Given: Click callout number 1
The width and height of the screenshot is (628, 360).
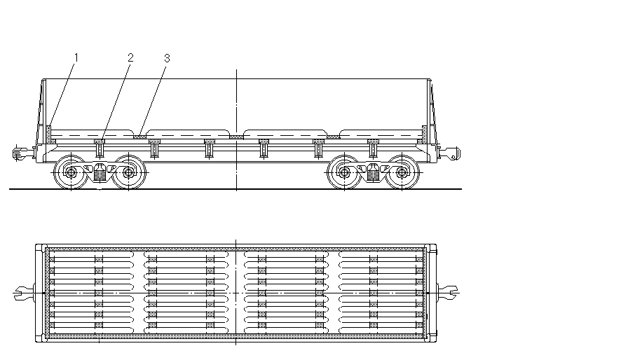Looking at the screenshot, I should [x=76, y=57].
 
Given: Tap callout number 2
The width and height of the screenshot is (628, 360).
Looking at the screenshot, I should [x=130, y=57].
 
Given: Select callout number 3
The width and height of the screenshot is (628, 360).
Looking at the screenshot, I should [x=167, y=58].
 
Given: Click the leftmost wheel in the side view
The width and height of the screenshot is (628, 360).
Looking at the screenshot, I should [x=71, y=172].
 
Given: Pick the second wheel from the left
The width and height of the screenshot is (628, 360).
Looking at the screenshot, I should [x=129, y=172].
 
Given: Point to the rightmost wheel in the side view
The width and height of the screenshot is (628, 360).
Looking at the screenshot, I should [x=402, y=172].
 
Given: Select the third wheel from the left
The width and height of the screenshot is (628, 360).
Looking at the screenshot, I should [x=344, y=172].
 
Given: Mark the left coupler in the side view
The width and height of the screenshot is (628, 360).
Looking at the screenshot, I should [x=21, y=152].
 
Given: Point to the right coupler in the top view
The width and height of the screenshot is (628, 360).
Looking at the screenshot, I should [x=449, y=291].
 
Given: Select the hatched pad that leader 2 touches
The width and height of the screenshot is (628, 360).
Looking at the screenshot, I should [x=100, y=141].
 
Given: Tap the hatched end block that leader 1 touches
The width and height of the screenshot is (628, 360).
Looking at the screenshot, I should [x=48, y=132].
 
